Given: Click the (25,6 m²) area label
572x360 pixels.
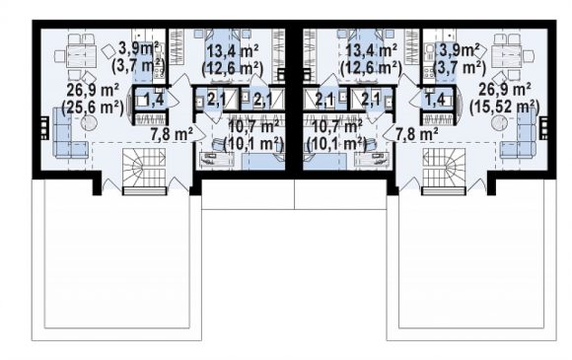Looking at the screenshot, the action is pos(93,108).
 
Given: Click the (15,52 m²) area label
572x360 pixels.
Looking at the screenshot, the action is pos(505,107).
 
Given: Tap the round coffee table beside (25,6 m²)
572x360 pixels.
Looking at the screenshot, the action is pos(89,123).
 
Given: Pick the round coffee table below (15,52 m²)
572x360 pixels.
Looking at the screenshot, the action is pos(499,123).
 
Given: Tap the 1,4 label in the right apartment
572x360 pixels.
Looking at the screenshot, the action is pos(435,99).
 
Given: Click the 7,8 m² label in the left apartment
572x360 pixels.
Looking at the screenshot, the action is pos(172,135).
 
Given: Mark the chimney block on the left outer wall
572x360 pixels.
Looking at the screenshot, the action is pos(43,128).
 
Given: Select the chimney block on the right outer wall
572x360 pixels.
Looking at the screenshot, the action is pos(543,128).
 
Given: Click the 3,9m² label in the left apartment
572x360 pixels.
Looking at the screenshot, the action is pos(139,49).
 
